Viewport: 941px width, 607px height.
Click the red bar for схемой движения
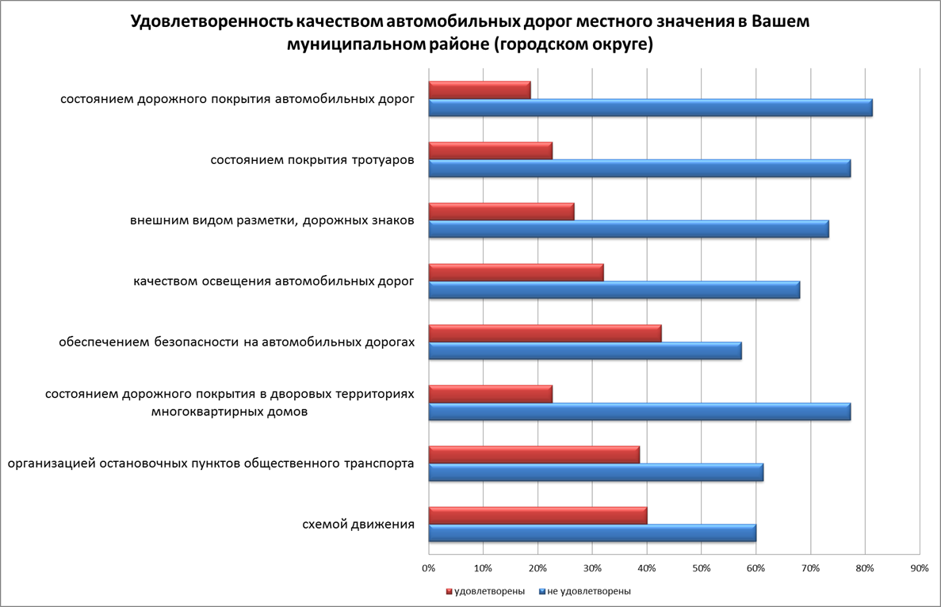pyautogui.click(x=537, y=515)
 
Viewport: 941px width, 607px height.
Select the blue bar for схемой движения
pyautogui.click(x=592, y=533)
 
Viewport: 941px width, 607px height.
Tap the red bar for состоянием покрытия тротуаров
pyautogui.click(x=490, y=151)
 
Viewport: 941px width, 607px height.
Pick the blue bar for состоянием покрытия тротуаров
pyautogui.click(x=639, y=169)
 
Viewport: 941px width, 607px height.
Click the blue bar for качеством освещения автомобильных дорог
pyautogui.click(x=614, y=290)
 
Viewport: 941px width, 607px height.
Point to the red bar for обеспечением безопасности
pyautogui.click(x=545, y=333)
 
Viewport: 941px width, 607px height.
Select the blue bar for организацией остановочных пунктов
pyautogui.click(x=595, y=472)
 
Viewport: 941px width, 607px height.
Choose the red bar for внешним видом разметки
pyautogui.click(x=501, y=212)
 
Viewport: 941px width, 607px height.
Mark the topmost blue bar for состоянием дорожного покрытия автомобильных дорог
pyautogui.click(x=650, y=108)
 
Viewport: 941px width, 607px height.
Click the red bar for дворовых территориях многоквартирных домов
pyautogui.click(x=490, y=394)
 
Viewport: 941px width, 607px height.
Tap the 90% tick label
pyautogui.click(x=919, y=568)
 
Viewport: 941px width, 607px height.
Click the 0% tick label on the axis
pyautogui.click(x=428, y=568)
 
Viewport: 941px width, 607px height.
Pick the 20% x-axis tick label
pyautogui.click(x=537, y=568)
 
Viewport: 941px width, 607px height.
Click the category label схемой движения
pyautogui.click(x=358, y=525)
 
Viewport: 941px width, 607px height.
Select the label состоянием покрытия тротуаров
pyautogui.click(x=312, y=160)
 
